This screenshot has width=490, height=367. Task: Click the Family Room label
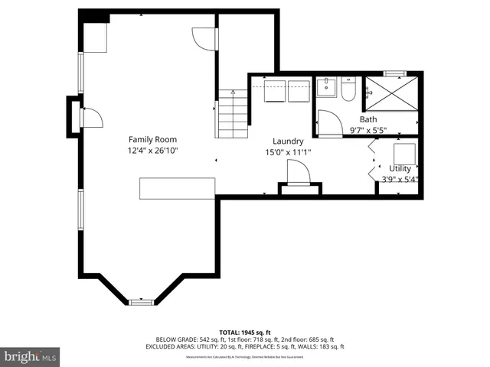click(152, 139)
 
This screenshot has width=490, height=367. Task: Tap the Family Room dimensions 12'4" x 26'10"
click(152, 151)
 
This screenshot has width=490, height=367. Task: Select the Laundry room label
click(288, 141)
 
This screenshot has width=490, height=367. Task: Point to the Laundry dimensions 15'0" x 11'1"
click(288, 152)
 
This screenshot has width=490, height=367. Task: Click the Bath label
click(368, 119)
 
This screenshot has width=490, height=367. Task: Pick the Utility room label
click(400, 168)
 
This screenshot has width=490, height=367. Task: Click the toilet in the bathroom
click(348, 91)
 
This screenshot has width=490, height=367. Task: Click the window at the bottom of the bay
click(142, 302)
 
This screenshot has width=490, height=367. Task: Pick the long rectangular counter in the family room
click(177, 187)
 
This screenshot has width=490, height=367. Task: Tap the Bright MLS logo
click(31, 356)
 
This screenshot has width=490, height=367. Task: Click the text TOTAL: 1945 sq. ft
click(244, 332)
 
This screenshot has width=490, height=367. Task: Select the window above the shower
click(394, 73)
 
